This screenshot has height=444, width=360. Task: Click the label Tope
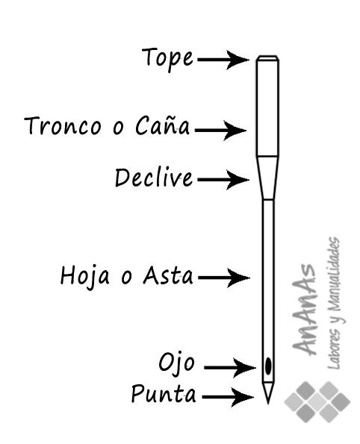click(167, 59)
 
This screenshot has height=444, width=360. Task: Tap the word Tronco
click(63, 125)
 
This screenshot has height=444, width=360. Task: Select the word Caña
click(162, 125)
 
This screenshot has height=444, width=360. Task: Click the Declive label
click(154, 178)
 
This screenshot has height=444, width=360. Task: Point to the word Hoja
click(84, 277)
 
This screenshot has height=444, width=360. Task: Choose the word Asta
click(168, 275)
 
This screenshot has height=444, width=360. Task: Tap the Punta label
click(164, 394)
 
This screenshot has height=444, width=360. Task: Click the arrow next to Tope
click(223, 60)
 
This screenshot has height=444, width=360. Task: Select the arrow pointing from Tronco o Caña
click(220, 131)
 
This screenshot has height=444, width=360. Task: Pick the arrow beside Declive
click(223, 180)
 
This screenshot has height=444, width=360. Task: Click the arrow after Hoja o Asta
click(224, 278)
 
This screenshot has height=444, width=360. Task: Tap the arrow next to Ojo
click(230, 368)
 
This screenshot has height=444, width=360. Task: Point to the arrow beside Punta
click(228, 397)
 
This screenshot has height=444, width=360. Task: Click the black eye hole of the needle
click(268, 366)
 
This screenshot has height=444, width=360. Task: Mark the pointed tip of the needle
click(268, 403)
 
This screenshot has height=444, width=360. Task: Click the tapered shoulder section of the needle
click(267, 178)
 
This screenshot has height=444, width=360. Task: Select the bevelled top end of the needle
click(267, 57)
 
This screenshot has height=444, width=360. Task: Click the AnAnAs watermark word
click(304, 310)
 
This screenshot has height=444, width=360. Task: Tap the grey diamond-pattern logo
click(317, 401)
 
